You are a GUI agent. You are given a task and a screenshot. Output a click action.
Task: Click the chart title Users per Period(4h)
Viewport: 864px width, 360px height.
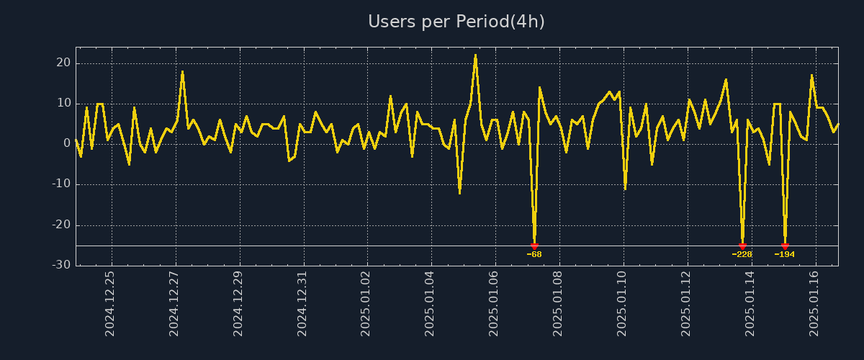456,22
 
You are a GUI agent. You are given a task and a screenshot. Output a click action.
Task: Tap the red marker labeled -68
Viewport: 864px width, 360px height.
534,246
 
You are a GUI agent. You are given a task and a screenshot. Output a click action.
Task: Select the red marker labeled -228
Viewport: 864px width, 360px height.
742,246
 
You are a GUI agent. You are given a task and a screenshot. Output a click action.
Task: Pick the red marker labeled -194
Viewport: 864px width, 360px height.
785,246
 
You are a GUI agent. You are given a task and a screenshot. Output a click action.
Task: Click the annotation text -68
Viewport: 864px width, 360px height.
534,254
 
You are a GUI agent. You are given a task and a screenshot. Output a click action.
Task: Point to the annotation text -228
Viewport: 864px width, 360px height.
742,254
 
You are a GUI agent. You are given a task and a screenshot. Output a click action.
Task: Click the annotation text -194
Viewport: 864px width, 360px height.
784,254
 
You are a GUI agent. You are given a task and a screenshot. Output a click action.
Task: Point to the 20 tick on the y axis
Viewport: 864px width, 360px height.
63,63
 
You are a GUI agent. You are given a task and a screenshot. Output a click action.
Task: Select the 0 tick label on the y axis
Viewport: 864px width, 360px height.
66,144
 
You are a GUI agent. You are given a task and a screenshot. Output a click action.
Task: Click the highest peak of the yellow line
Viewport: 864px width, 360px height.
475,55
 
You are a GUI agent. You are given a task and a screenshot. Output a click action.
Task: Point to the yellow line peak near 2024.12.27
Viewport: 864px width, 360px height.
182,71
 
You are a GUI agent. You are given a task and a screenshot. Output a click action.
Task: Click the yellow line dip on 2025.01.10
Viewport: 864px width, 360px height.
625,189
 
